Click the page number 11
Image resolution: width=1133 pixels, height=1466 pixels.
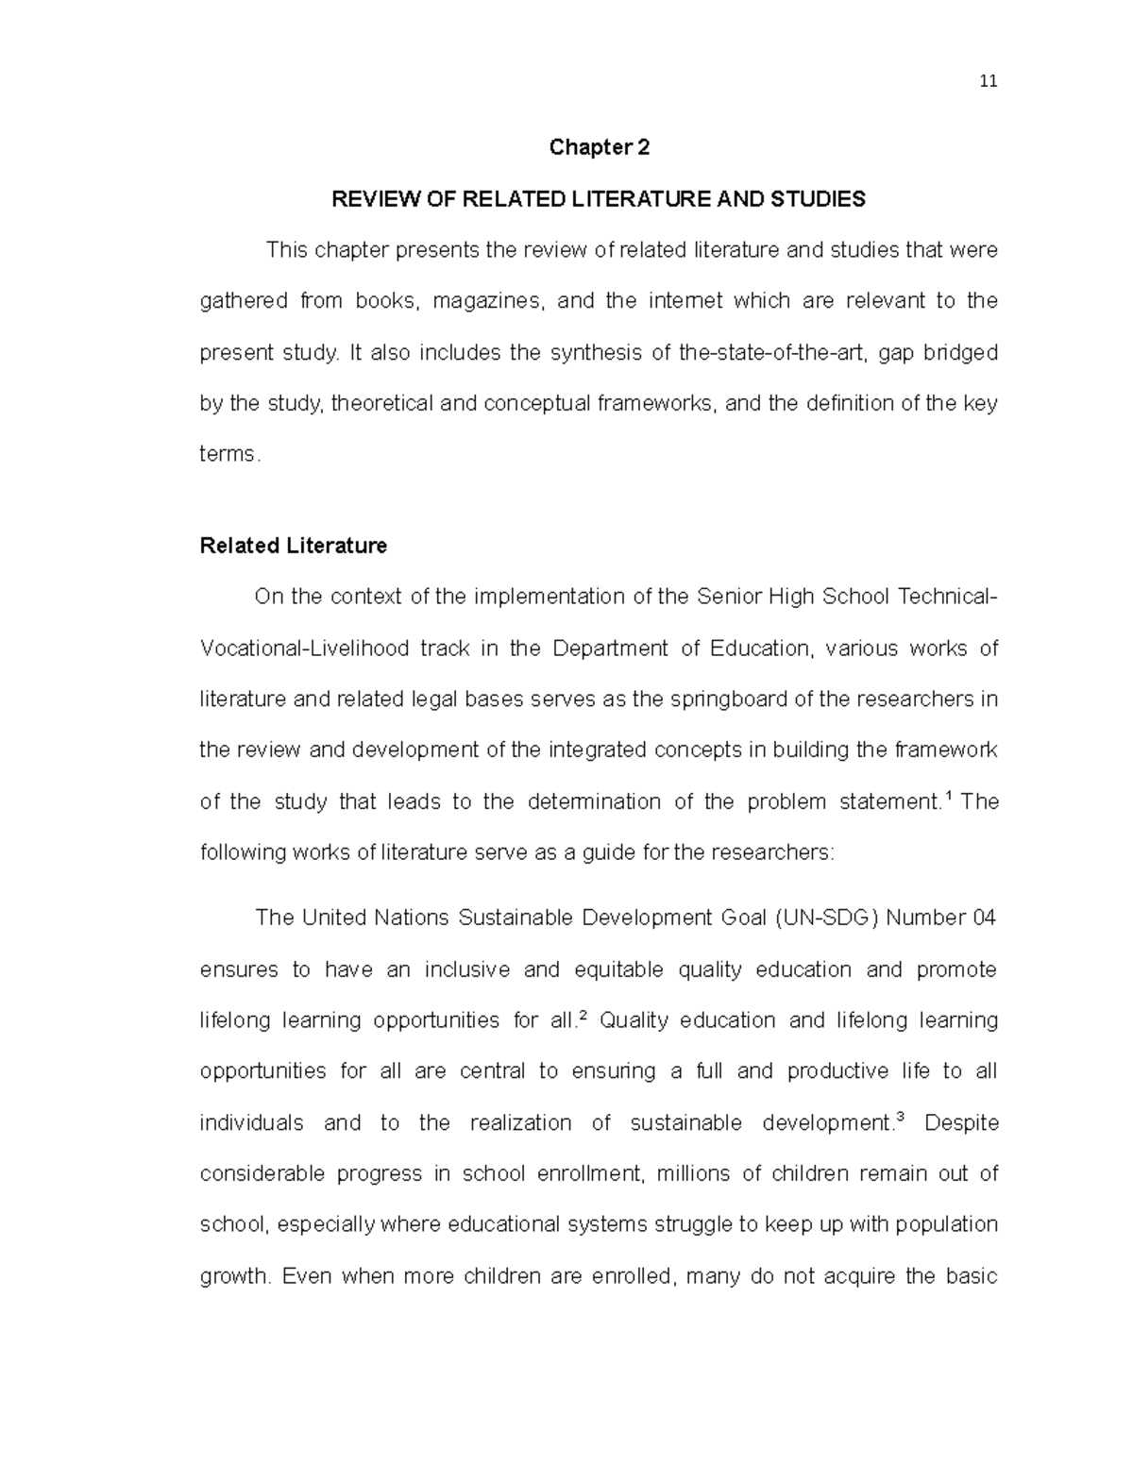(x=989, y=81)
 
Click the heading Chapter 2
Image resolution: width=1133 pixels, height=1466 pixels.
(x=600, y=147)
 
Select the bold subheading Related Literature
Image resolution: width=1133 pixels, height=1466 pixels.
(x=294, y=546)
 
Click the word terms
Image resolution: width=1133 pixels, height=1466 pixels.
(x=227, y=454)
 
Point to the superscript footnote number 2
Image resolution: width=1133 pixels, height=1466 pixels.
(x=583, y=1015)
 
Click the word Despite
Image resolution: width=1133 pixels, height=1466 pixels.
(x=961, y=1123)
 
